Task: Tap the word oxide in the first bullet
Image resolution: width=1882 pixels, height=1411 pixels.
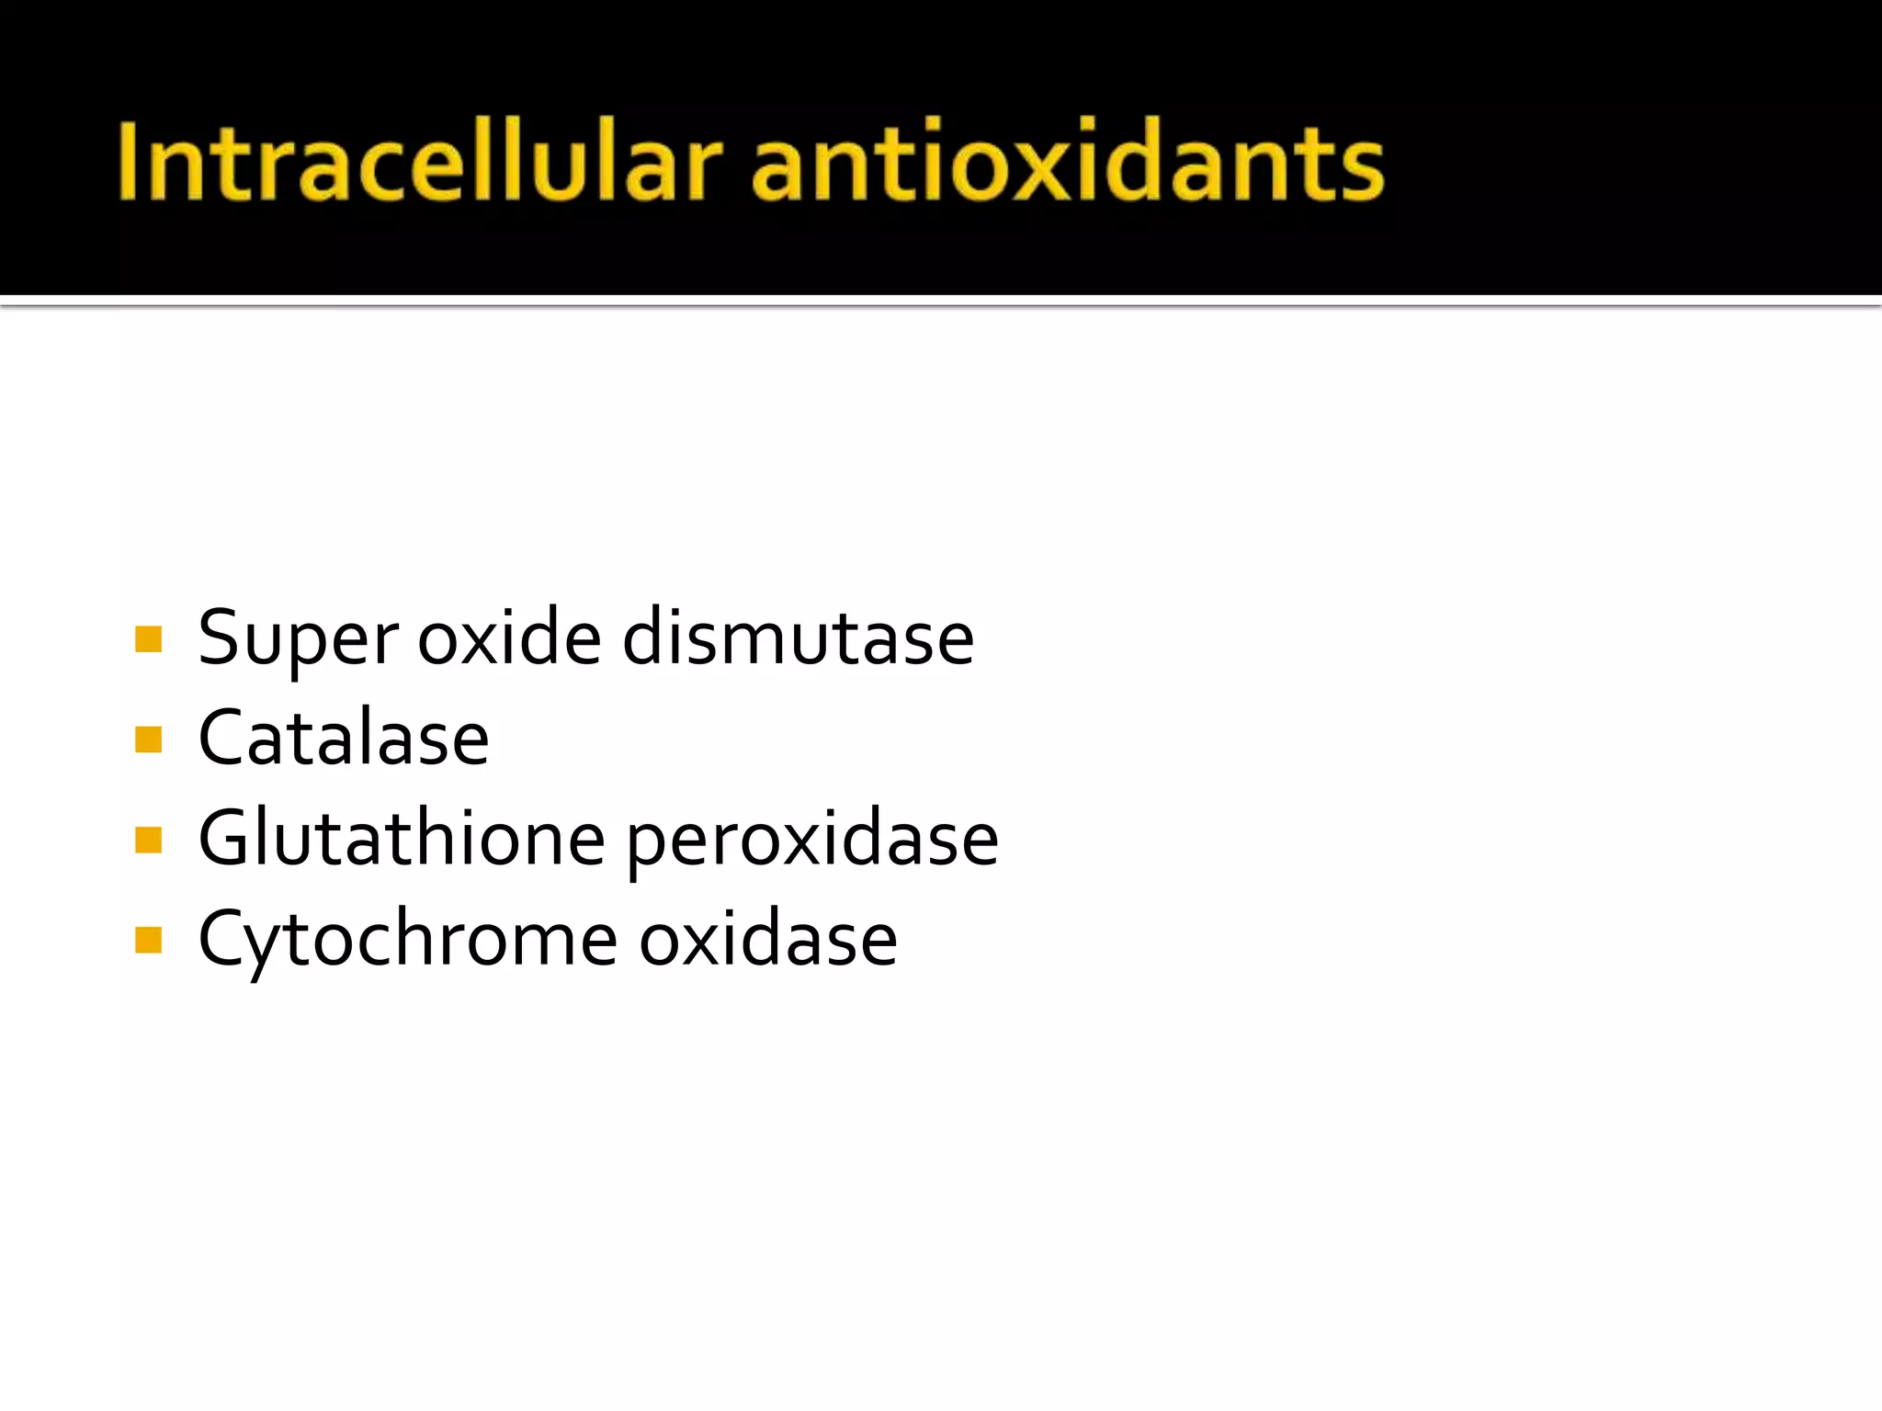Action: click(509, 638)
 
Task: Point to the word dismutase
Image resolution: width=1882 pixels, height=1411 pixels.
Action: click(798, 638)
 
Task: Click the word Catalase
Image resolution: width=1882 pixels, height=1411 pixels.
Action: click(344, 738)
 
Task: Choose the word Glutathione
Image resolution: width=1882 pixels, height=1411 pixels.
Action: click(402, 838)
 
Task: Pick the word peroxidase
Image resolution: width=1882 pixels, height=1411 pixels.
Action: click(812, 840)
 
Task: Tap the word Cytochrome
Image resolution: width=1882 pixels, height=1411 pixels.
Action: click(407, 939)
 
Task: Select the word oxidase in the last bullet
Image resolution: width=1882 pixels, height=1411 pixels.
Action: click(768, 939)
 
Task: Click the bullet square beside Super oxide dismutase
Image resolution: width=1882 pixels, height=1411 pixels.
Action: click(148, 638)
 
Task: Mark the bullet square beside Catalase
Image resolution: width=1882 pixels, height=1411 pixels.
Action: click(148, 739)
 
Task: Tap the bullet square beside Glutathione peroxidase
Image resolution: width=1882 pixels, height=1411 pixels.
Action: click(148, 840)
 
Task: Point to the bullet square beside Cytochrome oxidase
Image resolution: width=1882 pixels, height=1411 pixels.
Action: click(148, 940)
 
